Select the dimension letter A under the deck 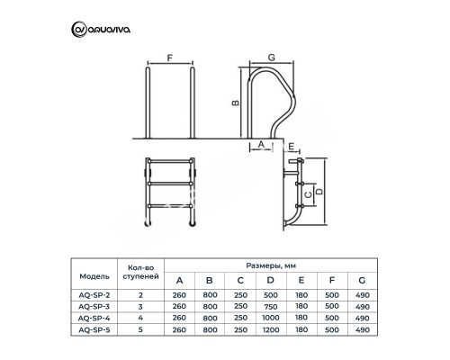pyautogui.click(x=260, y=144)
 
